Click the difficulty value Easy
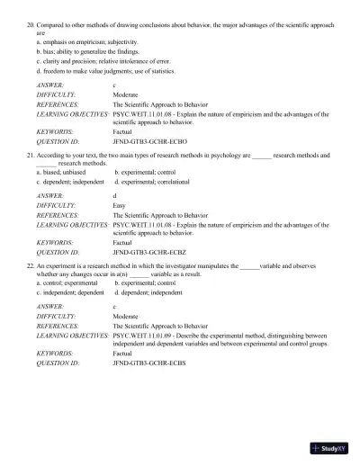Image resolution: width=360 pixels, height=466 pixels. point(118,204)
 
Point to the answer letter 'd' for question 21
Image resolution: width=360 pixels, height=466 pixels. point(114,195)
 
